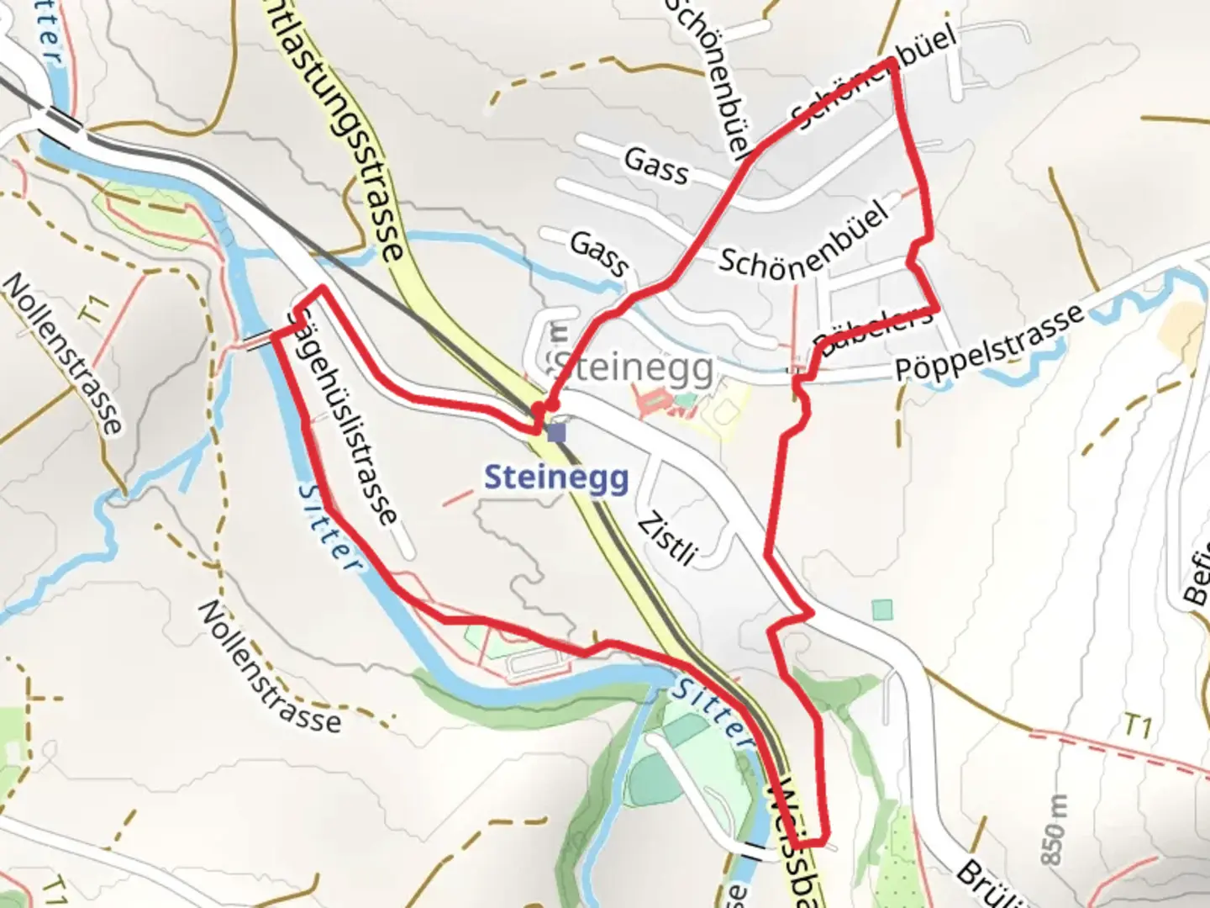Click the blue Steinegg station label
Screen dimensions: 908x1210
tap(556, 478)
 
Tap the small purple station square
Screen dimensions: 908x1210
tap(556, 433)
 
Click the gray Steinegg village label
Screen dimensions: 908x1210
tap(634, 368)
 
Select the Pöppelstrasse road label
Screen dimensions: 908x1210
tap(989, 344)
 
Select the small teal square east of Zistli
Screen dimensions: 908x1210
tap(881, 609)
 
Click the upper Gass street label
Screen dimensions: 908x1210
tap(656, 165)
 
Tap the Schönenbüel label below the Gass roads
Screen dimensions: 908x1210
tap(803, 240)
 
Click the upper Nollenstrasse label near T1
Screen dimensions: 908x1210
tap(63, 353)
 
